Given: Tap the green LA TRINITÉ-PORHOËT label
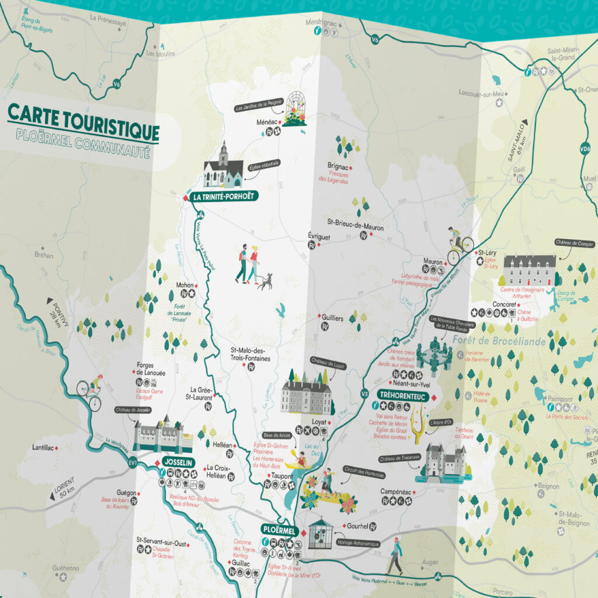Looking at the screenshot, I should [x=222, y=197].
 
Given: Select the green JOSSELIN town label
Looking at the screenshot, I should [x=178, y=461].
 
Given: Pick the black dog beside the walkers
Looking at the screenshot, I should [x=265, y=283].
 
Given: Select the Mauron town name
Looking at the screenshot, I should [x=433, y=262].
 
